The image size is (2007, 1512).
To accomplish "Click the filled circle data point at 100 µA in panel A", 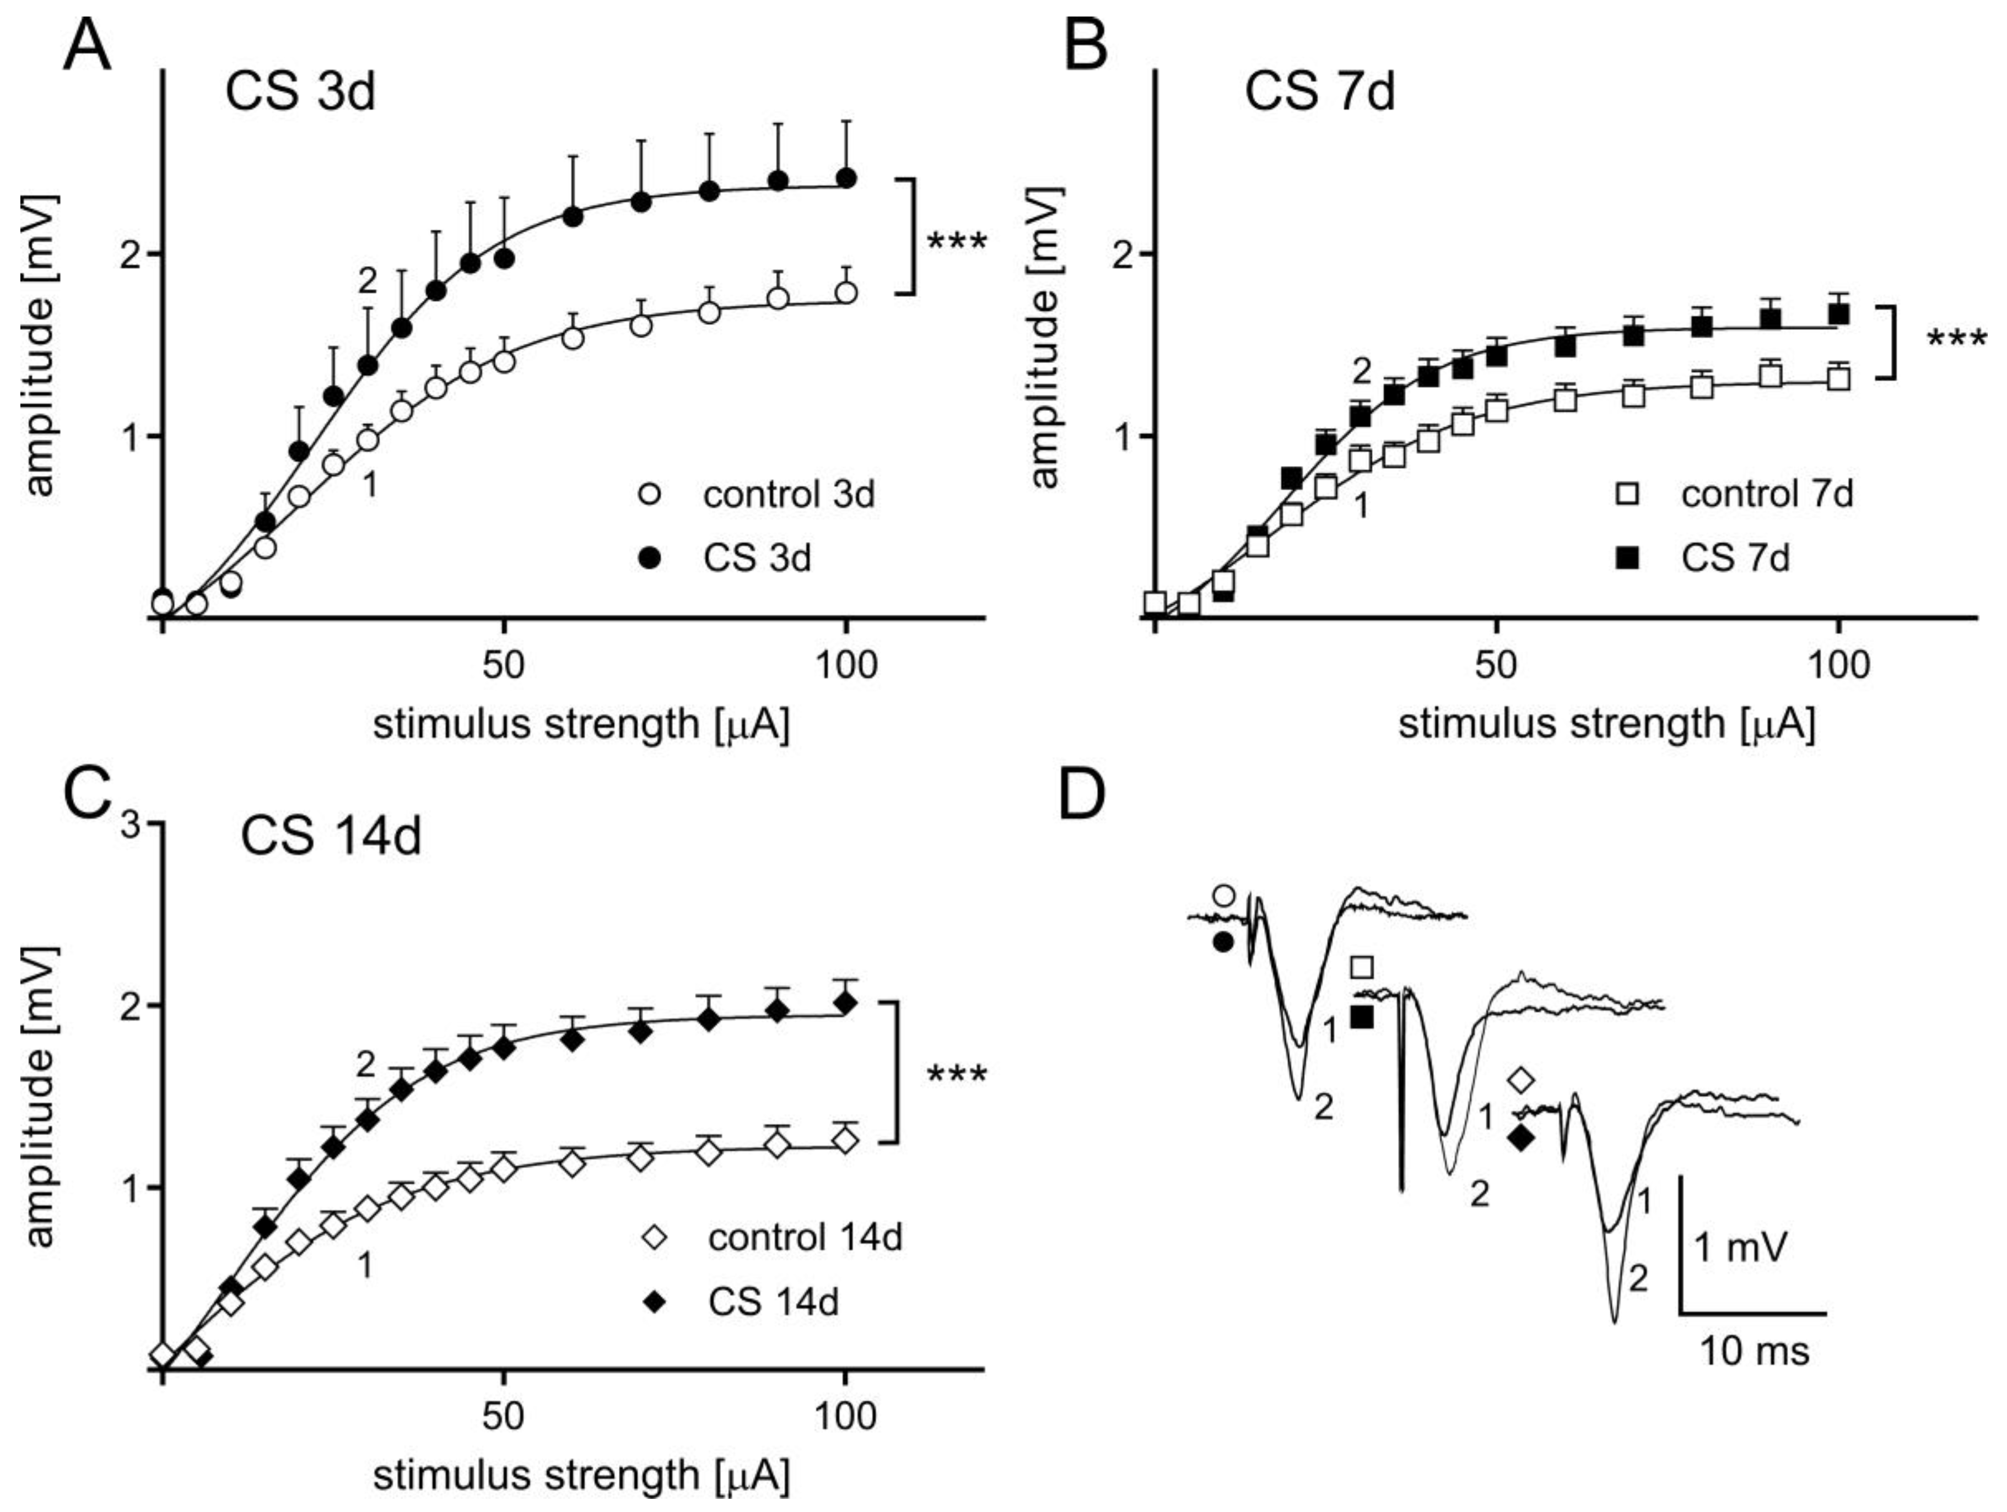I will pyautogui.click(x=846, y=178).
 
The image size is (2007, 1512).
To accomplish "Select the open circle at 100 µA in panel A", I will pyautogui.click(x=846, y=293).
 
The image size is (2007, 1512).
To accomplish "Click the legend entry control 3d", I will pyautogui.click(x=787, y=495).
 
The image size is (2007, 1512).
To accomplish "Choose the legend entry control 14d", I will pyautogui.click(x=804, y=1237).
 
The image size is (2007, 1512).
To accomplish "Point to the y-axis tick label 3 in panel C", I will pyautogui.click(x=132, y=825).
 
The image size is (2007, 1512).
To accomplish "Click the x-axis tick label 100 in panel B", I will pyautogui.click(x=1837, y=666).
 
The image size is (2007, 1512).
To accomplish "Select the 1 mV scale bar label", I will pyautogui.click(x=1740, y=1248).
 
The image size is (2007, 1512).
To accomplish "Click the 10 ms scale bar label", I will pyautogui.click(x=1753, y=1352).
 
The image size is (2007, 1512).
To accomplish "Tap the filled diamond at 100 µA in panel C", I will pyautogui.click(x=846, y=1003).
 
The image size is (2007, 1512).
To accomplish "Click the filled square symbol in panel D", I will pyautogui.click(x=1362, y=1018).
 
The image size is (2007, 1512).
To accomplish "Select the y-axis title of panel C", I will pyautogui.click(x=41, y=1097).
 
